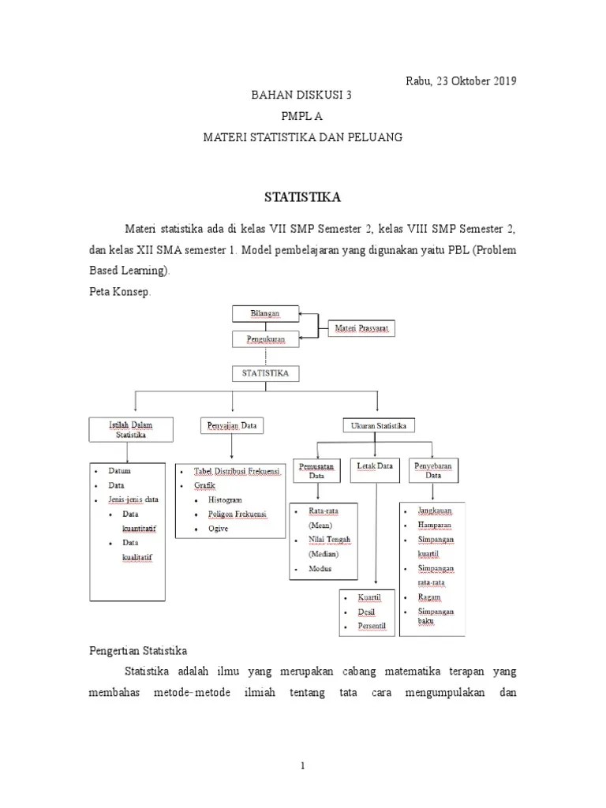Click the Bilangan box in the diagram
[265, 313]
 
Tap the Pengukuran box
[265, 339]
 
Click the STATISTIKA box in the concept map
[265, 372]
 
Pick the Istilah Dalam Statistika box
[130, 429]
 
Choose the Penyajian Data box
[232, 426]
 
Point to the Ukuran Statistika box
[378, 426]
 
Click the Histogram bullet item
[225, 500]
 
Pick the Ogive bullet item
[218, 529]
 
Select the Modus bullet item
[320, 568]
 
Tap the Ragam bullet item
[431, 597]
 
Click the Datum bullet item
[120, 471]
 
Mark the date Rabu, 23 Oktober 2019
[461, 80]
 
